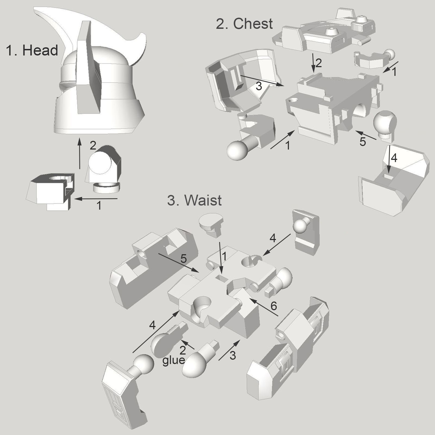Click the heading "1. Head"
point(32,50)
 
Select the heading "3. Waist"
point(194,200)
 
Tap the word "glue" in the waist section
point(174,360)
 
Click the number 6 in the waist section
point(274,306)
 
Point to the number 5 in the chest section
point(363,142)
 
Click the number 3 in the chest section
point(259,86)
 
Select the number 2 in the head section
point(93,146)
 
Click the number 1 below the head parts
point(99,206)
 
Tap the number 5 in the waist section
point(184,259)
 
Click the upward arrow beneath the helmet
point(79,154)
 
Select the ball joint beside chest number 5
point(385,122)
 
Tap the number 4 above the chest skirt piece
point(394,158)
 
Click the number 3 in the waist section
point(233,356)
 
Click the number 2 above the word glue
point(182,350)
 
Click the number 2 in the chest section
point(319,63)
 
